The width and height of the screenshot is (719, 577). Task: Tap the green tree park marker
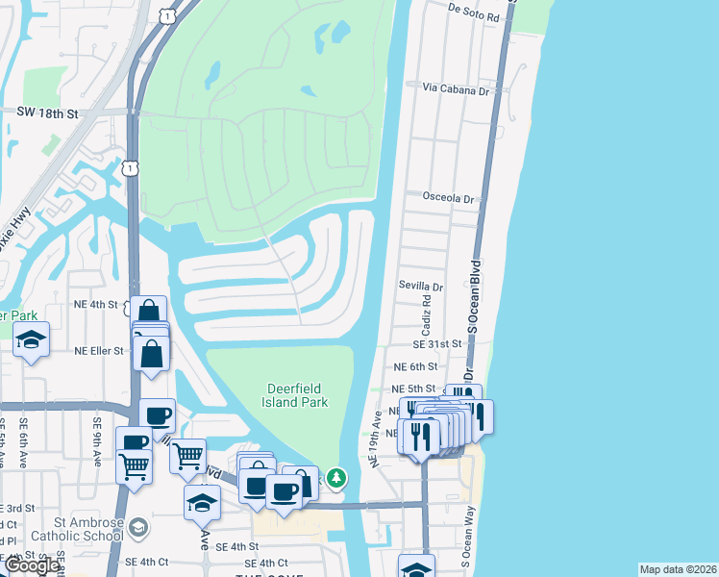click(x=335, y=476)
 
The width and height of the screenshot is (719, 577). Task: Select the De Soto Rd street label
click(x=473, y=17)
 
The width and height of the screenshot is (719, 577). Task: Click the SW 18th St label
click(x=46, y=113)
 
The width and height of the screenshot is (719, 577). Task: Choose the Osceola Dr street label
click(x=448, y=199)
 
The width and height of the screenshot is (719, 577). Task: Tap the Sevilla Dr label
click(x=421, y=287)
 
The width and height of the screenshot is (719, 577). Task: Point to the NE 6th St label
click(x=414, y=367)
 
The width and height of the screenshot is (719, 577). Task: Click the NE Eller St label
click(x=99, y=351)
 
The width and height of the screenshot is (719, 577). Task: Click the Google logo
click(x=32, y=565)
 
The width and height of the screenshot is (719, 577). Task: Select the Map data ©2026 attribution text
click(x=678, y=569)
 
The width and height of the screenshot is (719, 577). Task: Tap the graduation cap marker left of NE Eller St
click(x=32, y=339)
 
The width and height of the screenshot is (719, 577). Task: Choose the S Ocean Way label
click(x=469, y=523)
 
